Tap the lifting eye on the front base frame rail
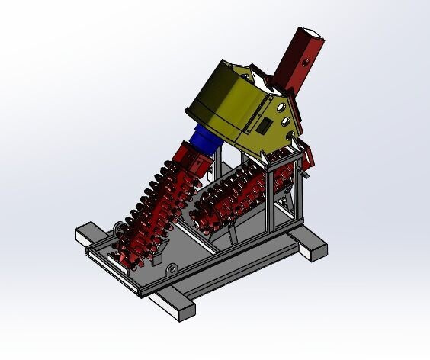[174, 268]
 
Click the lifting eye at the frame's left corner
[118, 227]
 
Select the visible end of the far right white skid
[314, 249]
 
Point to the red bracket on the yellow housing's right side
[308, 156]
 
